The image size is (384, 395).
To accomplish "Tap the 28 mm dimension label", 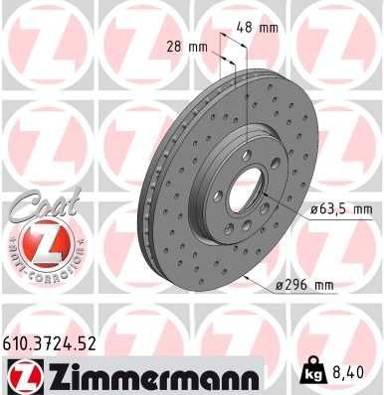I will click(x=187, y=45).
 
